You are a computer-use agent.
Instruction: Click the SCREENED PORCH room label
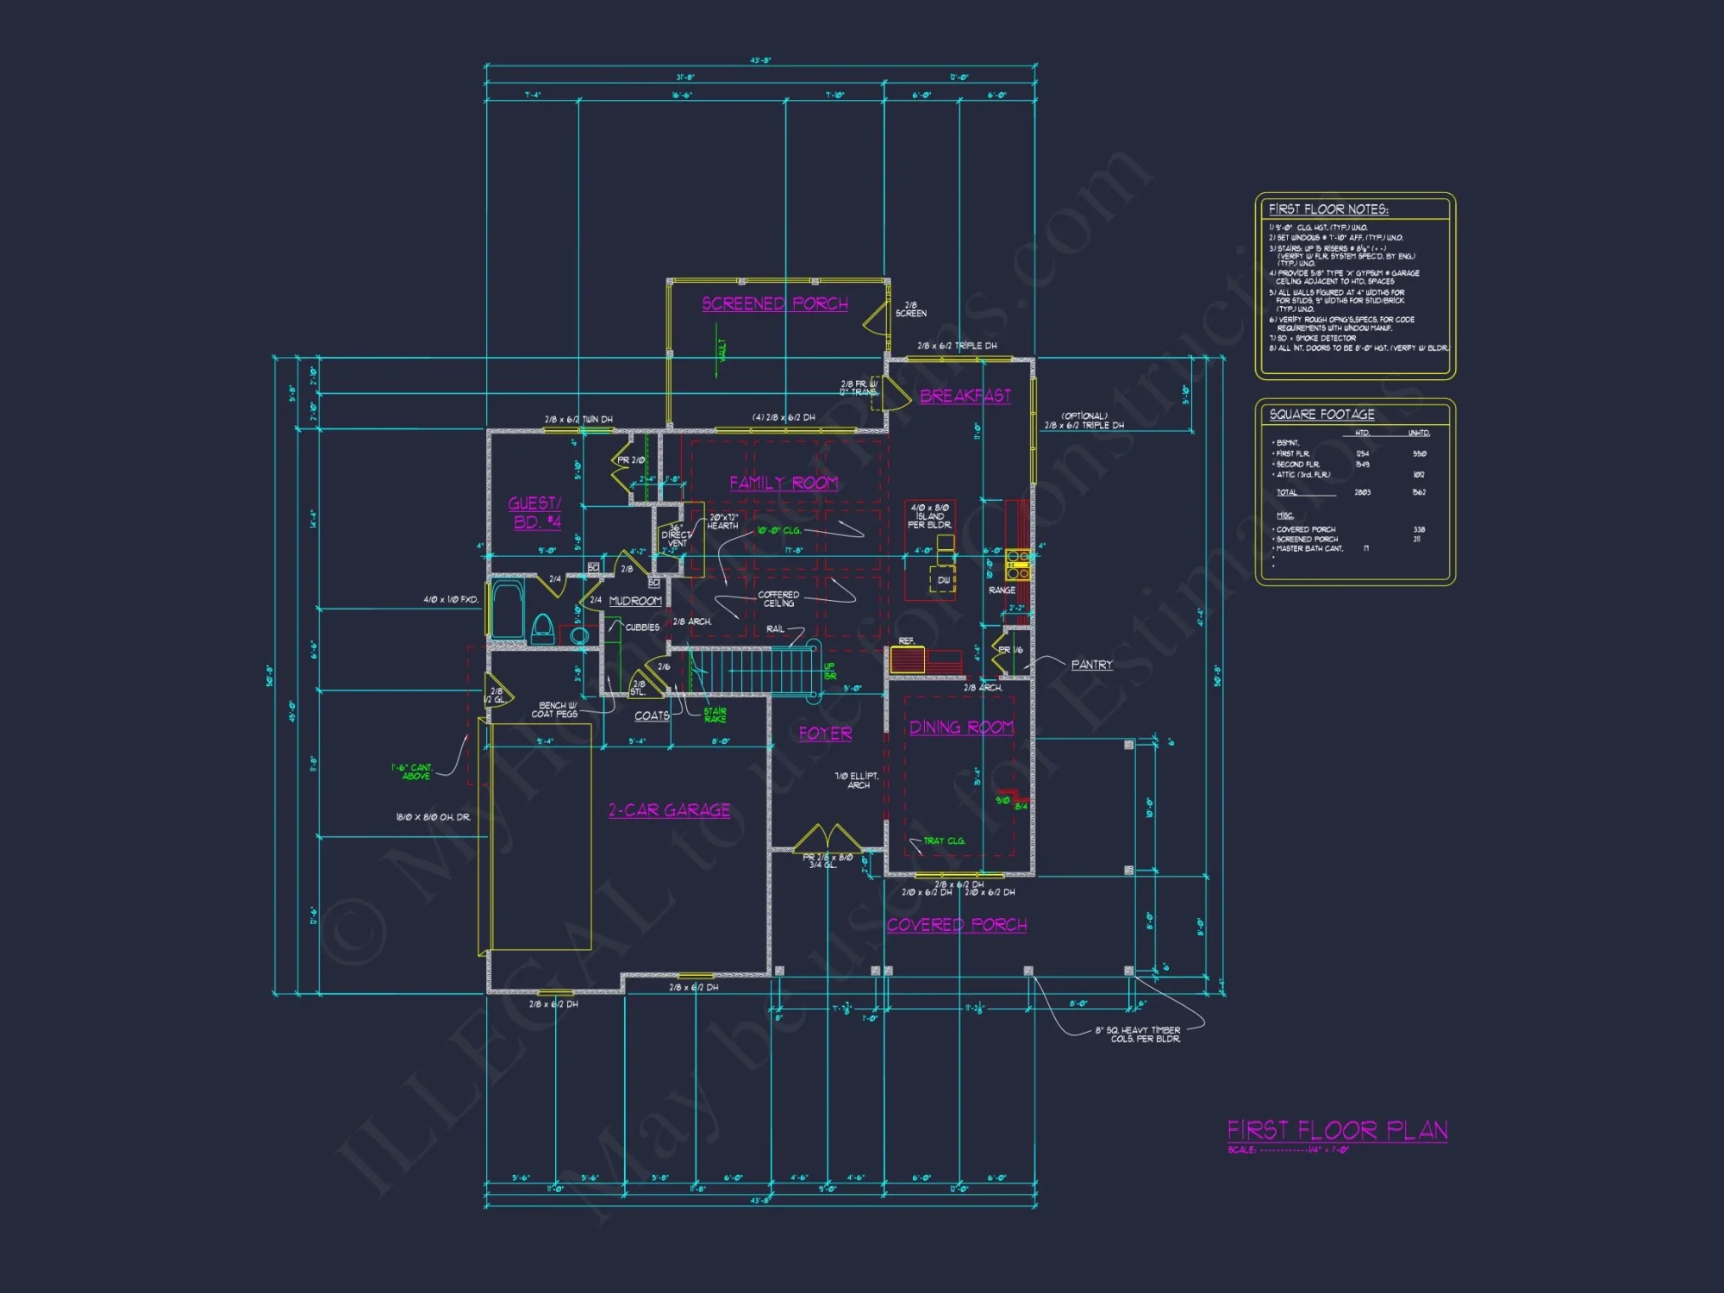[775, 304]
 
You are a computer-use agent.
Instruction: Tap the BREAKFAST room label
[965, 397]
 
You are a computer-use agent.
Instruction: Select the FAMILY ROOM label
[784, 484]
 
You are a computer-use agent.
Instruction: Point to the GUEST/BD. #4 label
[535, 513]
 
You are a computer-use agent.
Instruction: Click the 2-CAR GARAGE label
[670, 810]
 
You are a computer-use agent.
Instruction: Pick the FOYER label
[825, 734]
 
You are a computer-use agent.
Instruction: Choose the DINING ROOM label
[961, 728]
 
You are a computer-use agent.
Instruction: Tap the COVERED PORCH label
[957, 925]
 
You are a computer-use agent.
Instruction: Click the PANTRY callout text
[1091, 665]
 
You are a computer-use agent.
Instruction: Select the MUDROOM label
[635, 601]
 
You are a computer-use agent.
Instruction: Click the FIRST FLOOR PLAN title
[1337, 1130]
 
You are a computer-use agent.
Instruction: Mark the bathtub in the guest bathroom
[508, 609]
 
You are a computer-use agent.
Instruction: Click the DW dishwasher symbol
[944, 580]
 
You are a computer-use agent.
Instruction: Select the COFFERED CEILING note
[778, 599]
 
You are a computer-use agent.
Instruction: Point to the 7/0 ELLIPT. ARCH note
[857, 780]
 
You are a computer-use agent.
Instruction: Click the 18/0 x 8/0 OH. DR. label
[433, 817]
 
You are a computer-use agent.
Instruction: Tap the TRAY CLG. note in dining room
[944, 840]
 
